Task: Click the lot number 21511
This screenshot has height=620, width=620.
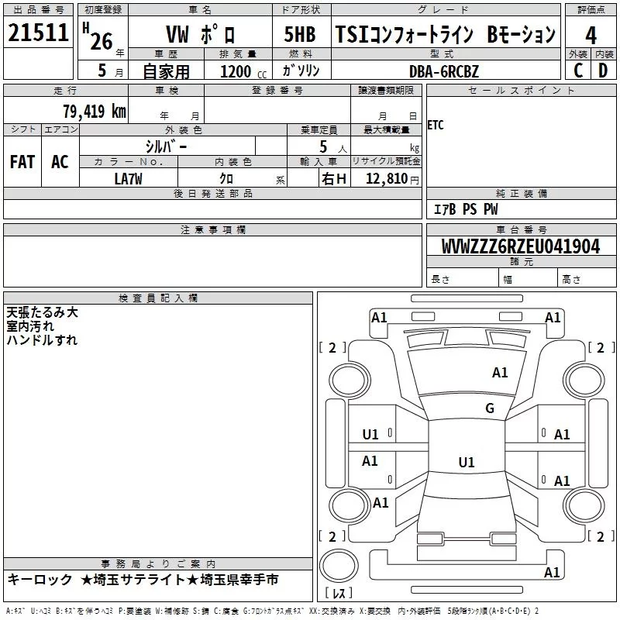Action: (38, 33)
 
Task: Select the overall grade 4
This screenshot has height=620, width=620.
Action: (591, 36)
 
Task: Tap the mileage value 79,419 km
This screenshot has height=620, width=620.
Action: (95, 112)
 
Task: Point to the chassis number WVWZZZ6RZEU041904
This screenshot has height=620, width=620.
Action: (521, 246)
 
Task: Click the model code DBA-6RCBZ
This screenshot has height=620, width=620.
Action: (443, 71)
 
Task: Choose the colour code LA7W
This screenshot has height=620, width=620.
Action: (128, 179)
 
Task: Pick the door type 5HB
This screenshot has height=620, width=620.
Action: (300, 34)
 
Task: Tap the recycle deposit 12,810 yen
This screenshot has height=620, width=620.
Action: (392, 179)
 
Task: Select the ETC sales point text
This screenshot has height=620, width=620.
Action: (436, 126)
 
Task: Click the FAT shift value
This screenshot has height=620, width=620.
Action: (22, 162)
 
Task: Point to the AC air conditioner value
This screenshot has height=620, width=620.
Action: (60, 162)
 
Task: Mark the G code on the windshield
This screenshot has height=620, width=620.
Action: (490, 408)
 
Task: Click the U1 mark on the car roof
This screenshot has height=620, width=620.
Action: (467, 462)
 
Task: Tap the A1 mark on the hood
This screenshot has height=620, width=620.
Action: (500, 373)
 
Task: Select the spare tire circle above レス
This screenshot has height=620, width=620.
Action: (339, 565)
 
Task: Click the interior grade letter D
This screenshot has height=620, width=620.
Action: (603, 71)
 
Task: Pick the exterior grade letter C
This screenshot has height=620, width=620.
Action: (578, 71)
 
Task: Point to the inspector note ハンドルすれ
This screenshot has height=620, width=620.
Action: (42, 340)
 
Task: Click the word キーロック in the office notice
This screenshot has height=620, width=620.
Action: (40, 580)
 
